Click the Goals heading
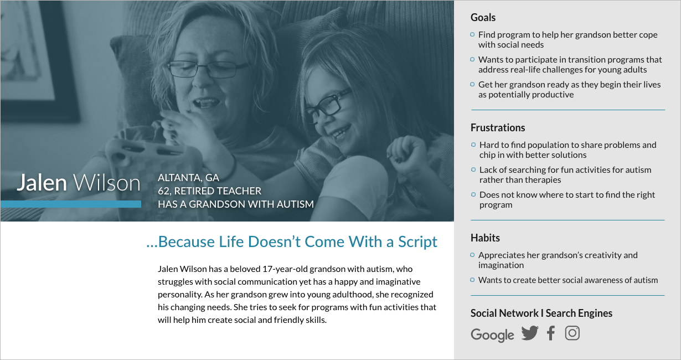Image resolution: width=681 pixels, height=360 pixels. [483, 18]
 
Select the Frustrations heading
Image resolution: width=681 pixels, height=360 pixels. [498, 128]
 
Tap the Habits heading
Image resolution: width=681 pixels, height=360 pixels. [485, 238]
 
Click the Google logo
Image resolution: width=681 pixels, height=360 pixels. [492, 335]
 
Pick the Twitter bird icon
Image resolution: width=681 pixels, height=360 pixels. [530, 333]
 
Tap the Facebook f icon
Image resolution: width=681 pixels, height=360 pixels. [550, 333]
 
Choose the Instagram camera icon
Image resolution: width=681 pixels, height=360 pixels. [572, 333]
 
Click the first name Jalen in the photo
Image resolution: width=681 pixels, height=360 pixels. [42, 183]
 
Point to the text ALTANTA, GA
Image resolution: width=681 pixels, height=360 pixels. [188, 178]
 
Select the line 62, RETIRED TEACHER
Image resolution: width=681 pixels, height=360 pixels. [209, 191]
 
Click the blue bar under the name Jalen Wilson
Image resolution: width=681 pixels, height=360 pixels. [71, 204]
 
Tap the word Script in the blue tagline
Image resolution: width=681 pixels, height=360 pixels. [417, 243]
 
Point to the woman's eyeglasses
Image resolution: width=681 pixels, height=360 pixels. [208, 70]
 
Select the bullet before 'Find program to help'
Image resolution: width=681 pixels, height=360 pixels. [472, 35]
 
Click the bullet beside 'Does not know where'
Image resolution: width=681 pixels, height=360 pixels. [473, 194]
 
